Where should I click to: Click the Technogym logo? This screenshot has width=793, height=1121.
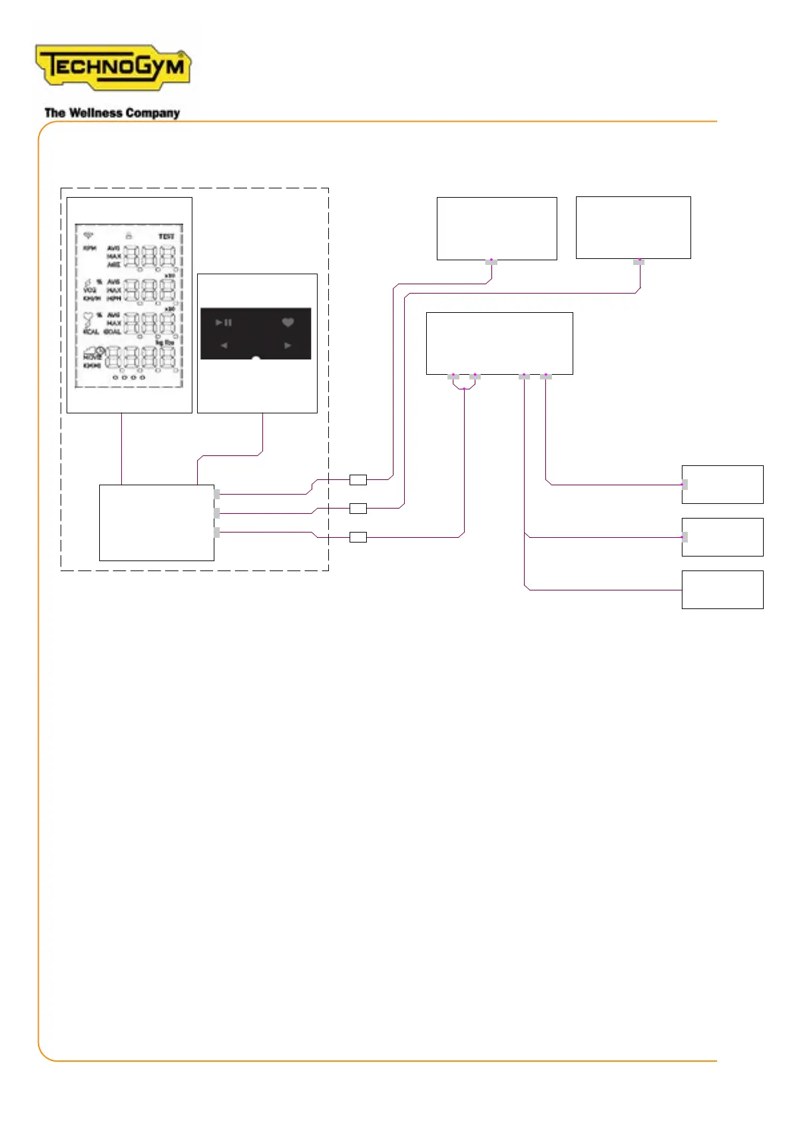point(113,67)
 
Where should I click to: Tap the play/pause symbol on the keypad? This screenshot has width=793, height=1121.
point(224,322)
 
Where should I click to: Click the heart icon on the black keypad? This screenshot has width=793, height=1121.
point(288,322)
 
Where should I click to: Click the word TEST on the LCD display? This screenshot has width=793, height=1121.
point(166,236)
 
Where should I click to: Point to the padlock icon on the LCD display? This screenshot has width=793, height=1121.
point(129,236)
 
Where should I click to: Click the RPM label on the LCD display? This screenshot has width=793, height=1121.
point(90,248)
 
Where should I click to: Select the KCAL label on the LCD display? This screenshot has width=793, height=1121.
point(91,332)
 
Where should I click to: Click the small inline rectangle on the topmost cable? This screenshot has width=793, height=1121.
point(358,479)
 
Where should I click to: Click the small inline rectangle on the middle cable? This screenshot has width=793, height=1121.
point(358,509)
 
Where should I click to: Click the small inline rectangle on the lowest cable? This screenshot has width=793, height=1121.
point(358,537)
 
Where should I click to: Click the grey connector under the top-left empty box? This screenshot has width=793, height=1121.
point(491,262)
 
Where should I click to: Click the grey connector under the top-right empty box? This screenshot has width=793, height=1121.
point(639,262)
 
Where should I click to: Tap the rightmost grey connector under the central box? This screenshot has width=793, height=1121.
point(546,377)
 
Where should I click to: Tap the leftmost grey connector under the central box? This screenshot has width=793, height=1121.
point(453,377)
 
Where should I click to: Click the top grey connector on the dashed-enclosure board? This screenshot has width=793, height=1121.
point(217,494)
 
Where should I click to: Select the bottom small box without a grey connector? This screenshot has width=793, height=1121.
point(722,590)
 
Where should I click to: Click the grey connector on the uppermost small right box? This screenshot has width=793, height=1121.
point(684,485)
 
